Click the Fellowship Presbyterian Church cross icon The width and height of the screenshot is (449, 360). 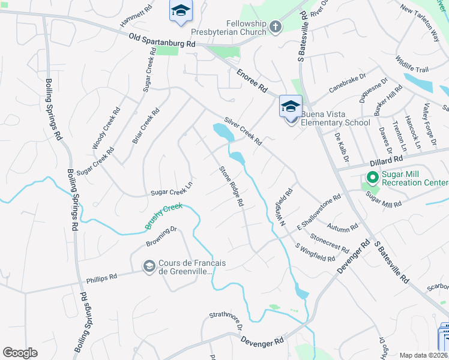pyautogui.click(x=276, y=26)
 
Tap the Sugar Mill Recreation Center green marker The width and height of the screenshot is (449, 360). pyautogui.click(x=372, y=177)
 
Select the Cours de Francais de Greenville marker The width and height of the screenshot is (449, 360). pyautogui.click(x=149, y=266)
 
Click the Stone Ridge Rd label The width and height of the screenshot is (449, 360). pyautogui.click(x=231, y=187)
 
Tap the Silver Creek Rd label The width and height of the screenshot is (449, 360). pyautogui.click(x=243, y=131)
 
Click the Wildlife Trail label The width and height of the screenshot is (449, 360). pyautogui.click(x=411, y=65)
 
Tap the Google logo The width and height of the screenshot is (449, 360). pyautogui.click(x=20, y=352)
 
